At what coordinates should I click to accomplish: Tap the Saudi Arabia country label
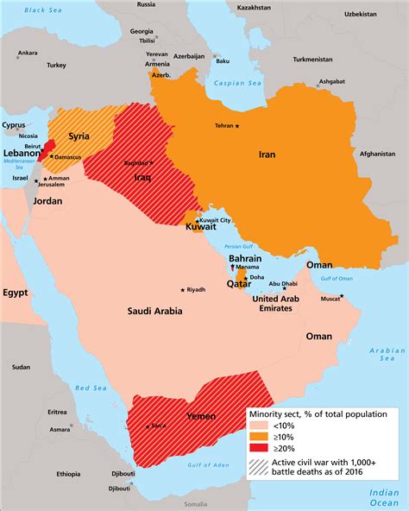pos(153,312)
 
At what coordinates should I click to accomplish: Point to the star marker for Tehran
pos(238,126)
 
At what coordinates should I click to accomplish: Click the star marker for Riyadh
pos(182,289)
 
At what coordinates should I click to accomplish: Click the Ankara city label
pos(28,53)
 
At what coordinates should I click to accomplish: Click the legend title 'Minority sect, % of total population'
pos(324,413)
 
